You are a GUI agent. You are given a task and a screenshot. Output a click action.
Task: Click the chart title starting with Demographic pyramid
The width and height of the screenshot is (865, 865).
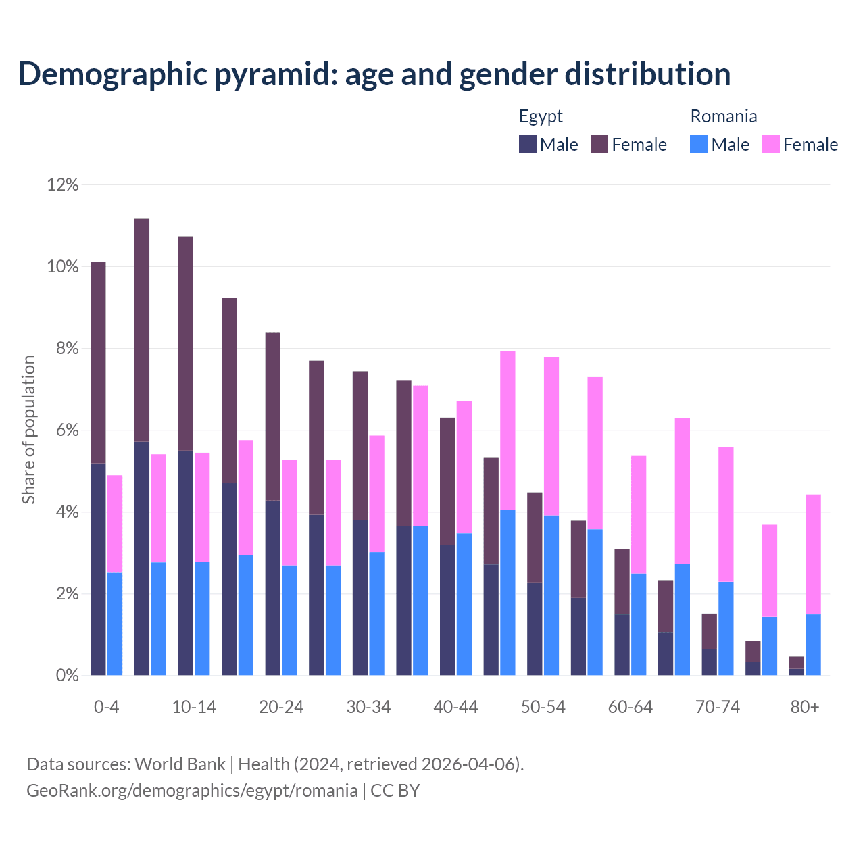[374, 74]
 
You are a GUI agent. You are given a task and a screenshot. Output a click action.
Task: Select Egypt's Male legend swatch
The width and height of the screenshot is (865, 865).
[528, 144]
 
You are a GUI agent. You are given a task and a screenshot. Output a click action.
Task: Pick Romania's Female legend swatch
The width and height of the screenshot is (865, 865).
[770, 144]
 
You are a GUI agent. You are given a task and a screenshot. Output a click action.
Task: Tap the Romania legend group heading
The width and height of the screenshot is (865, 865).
[723, 116]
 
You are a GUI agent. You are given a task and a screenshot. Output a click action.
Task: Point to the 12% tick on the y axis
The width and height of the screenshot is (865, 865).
[63, 184]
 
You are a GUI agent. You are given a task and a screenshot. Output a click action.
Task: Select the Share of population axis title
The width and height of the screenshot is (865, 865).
[28, 430]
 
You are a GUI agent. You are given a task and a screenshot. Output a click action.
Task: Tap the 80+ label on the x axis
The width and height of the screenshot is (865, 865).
[805, 707]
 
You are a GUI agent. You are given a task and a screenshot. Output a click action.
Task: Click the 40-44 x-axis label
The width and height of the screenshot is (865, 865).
[455, 707]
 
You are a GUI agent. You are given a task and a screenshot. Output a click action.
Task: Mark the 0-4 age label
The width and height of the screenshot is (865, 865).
[107, 707]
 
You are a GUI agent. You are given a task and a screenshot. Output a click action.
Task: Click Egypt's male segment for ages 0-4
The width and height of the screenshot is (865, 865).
[98, 569]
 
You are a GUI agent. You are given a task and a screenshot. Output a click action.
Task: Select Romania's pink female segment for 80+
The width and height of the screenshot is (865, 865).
[813, 554]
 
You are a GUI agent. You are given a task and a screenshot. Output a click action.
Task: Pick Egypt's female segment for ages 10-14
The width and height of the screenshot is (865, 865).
[185, 343]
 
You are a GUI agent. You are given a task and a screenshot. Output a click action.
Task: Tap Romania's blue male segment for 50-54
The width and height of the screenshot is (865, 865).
[551, 595]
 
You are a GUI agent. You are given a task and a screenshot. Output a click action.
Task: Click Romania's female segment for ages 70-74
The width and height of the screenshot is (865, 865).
[726, 514]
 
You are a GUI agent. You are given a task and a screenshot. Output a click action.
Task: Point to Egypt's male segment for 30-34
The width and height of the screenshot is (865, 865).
[360, 597]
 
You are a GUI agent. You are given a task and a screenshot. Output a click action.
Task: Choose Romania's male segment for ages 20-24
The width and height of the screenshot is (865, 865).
[289, 620]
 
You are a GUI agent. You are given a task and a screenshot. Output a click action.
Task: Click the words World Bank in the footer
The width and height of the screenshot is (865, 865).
[180, 764]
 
